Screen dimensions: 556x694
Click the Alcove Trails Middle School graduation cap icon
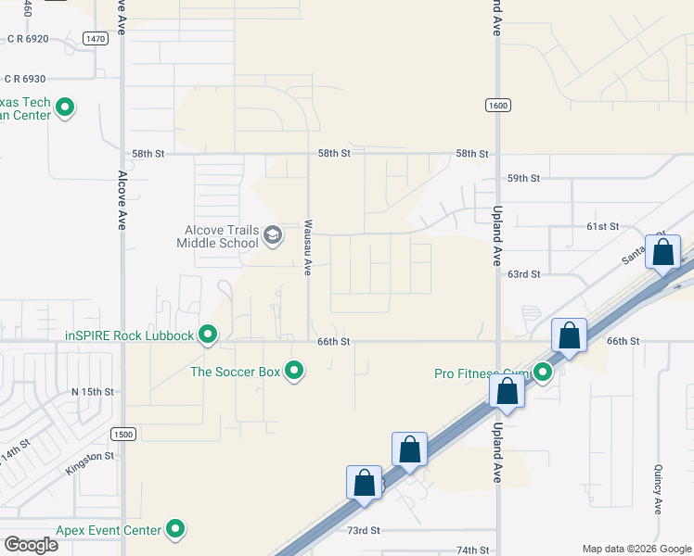click(x=272, y=234)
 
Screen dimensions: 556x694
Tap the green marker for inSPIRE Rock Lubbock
click(x=209, y=335)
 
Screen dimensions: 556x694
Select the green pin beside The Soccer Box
click(x=294, y=372)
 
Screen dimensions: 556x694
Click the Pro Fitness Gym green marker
click(x=543, y=373)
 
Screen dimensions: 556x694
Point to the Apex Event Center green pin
click(x=175, y=530)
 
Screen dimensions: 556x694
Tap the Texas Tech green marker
click(x=65, y=108)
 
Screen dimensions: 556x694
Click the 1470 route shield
click(x=94, y=38)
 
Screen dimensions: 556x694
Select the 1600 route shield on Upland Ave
click(x=497, y=106)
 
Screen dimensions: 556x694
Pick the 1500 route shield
click(x=122, y=434)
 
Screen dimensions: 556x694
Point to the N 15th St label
click(x=93, y=392)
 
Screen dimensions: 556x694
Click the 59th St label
click(x=522, y=178)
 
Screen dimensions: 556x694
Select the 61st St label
click(x=601, y=226)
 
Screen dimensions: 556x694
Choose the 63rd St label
click(x=522, y=274)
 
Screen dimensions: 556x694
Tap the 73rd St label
click(x=364, y=530)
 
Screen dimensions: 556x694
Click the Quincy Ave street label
click(x=658, y=488)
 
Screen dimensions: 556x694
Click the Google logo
click(x=31, y=545)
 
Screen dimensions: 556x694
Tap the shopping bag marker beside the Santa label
click(x=662, y=252)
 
